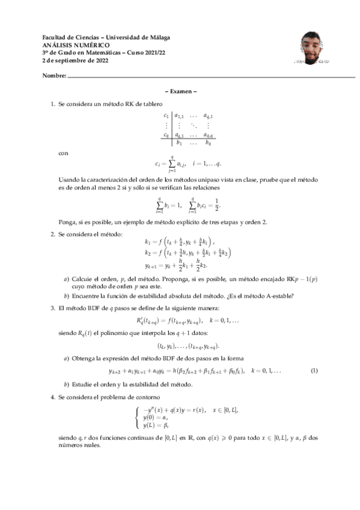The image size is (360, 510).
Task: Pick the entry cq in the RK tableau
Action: pyautogui.click(x=166, y=135)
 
